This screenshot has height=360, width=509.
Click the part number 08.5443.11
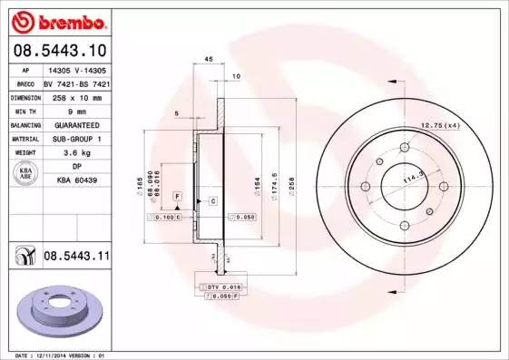click(x=76, y=258)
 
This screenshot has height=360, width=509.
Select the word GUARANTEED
click(x=76, y=124)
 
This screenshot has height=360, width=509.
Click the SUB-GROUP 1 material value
click(x=76, y=139)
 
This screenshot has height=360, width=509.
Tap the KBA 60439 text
click(x=76, y=180)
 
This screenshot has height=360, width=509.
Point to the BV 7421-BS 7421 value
click(x=76, y=83)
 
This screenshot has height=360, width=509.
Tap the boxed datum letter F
click(x=178, y=196)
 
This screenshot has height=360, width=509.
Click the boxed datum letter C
click(x=212, y=200)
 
